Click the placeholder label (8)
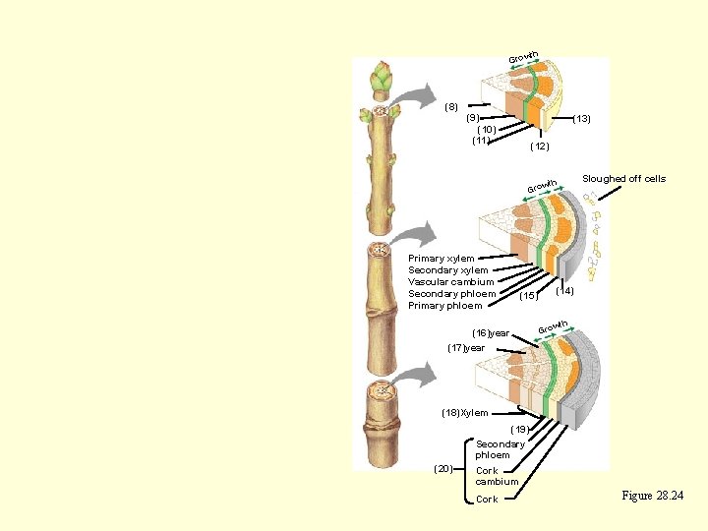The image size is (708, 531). [451, 106]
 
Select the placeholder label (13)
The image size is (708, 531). [581, 119]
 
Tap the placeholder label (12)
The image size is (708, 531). [539, 147]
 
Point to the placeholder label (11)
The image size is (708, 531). [481, 140]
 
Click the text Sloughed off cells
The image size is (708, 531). [623, 179]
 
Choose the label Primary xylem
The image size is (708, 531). [441, 259]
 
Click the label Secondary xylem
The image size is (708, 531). [447, 270]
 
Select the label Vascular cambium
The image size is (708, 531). [450, 282]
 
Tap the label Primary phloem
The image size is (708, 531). [444, 306]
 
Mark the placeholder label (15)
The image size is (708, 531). [528, 295]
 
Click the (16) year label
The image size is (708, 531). [491, 333]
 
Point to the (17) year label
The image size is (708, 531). [466, 348]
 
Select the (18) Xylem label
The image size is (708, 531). [464, 413]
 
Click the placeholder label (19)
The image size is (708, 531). [519, 429]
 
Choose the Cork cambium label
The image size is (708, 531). [497, 476]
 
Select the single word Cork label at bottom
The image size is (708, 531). [487, 500]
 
